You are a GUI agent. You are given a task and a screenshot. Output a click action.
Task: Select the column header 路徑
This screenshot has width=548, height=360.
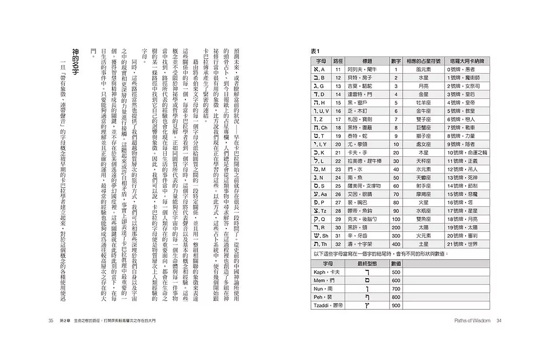pos(337,61)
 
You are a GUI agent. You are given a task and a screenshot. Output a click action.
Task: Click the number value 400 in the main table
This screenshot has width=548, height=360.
pos(396,244)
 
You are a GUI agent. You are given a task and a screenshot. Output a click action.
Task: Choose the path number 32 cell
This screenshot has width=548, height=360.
pos(337,244)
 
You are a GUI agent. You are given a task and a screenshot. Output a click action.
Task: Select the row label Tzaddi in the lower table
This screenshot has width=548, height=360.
pos(325,305)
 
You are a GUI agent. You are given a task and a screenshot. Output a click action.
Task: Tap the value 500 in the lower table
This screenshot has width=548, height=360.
pos(396,272)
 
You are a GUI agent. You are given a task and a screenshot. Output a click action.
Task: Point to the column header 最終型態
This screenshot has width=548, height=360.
pos(364,263)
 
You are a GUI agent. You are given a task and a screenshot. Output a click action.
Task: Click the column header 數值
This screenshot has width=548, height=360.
pos(396,263)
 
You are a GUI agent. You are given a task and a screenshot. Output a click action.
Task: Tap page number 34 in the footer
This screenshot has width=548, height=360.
pos(499,320)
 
